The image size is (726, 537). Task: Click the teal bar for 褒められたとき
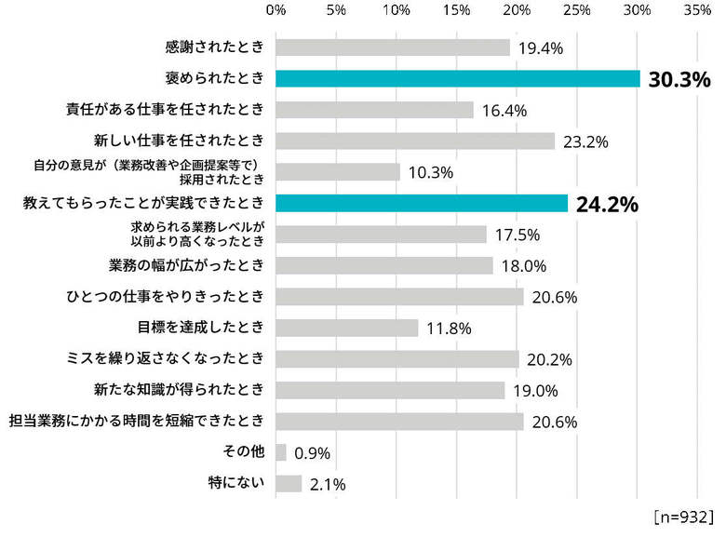tap(458, 78)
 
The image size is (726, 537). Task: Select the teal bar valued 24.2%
tap(422, 203)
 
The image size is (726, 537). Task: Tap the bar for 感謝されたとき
tap(393, 47)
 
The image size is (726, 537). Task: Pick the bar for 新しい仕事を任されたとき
tap(415, 141)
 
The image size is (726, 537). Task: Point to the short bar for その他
tap(281, 452)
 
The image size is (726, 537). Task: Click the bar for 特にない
tap(289, 483)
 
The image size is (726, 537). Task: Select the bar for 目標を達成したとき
tap(347, 328)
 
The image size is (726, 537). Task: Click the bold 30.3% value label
tap(679, 79)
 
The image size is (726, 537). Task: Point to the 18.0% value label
tap(523, 266)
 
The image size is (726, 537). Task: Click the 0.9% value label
tap(312, 453)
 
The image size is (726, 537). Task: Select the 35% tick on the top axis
tap(697, 10)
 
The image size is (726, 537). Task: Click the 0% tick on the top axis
tap(276, 10)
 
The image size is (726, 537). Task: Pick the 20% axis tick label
tap(517, 10)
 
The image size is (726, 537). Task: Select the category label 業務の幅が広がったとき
tap(188, 265)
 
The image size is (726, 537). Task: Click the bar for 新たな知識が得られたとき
tap(390, 390)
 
